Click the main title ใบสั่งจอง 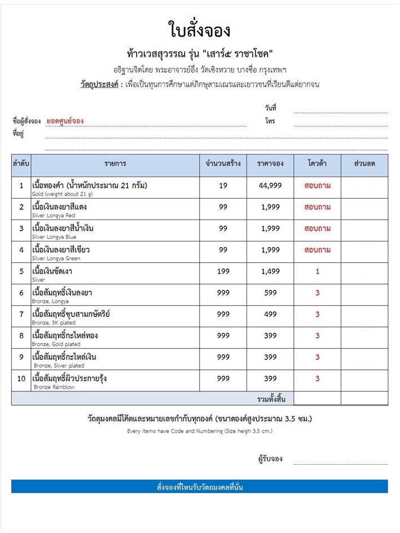coord(199,28)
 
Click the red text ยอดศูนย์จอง coord(65,121)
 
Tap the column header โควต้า coord(317,164)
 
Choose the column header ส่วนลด coord(364,164)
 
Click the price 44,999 coord(270,186)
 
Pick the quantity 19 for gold coord(223,186)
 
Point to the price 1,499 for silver coord(270,271)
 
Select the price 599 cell coord(270,293)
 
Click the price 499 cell coord(270,314)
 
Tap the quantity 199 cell coord(223,271)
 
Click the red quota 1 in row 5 coord(317,271)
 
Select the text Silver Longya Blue coord(55,237)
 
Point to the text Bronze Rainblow coord(54,387)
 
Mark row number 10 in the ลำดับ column coord(21,378)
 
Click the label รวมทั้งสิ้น coord(271,399)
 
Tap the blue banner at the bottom coord(199,486)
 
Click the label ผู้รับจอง coord(270,459)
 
